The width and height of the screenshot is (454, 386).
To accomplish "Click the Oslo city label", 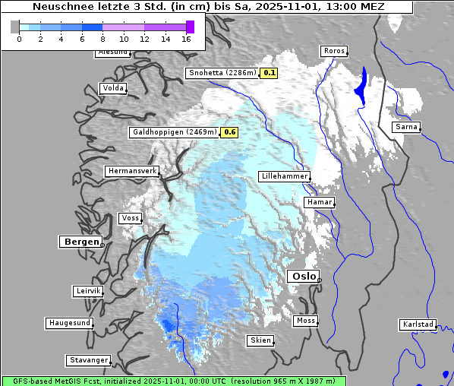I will pos(303,277).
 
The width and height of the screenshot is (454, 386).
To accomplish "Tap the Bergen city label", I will pos(80,242).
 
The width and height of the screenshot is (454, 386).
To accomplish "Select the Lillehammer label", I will pos(284,176).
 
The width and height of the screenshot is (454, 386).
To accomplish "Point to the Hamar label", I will pos(318,202).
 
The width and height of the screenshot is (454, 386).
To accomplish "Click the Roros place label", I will pos(333,51).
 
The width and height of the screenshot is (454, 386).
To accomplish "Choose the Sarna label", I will pos(406,127).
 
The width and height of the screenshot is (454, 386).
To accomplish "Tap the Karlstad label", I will pos(418,324).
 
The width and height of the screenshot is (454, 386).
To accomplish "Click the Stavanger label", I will pos(88,360).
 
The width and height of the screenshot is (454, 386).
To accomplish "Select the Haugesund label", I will pos(69,323).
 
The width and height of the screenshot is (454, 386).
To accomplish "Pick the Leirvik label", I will pos(88,291).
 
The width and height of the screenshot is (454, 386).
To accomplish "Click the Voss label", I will pos(130,218).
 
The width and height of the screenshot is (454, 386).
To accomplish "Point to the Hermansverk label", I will pos(131,171).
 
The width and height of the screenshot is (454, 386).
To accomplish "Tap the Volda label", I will pos(112,88).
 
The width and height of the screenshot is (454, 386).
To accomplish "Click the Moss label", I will pos(305,321).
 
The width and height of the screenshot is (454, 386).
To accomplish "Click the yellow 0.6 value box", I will pos(230,132).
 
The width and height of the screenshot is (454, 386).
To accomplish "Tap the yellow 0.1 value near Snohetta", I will pos(270,74).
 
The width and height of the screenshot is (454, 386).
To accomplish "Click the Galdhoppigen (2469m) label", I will pos(175,132).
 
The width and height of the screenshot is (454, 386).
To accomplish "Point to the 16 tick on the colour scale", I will pos(187,39).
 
